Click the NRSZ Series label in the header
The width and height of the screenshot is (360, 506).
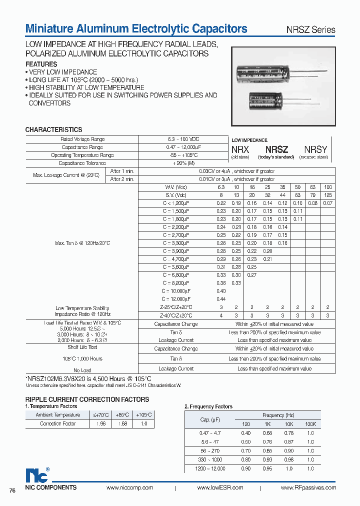[x=310, y=29]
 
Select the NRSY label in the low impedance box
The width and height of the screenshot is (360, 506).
[x=315, y=149]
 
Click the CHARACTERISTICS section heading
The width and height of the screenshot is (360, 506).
[x=53, y=130]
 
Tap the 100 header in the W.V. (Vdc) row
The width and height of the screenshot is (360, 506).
[x=327, y=187]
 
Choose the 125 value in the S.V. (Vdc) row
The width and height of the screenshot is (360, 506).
[x=327, y=195]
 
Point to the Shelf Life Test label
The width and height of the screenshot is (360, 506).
[x=82, y=347]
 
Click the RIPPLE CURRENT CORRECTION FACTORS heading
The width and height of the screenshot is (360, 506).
[x=87, y=399]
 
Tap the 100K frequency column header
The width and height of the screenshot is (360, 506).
[x=311, y=424]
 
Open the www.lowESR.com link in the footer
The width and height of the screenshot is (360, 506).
[x=220, y=488]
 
